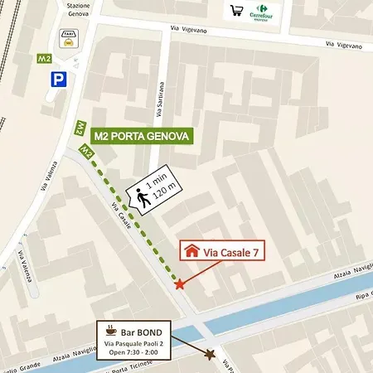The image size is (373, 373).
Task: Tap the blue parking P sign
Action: coord(59,80)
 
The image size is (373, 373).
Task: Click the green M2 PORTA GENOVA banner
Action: coord(143,135)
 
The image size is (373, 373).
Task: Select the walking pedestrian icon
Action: coord(143,197)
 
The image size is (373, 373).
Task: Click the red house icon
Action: coord(191,249)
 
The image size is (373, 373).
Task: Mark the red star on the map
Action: coord(180,284)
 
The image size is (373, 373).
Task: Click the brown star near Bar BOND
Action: coord(211,355)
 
